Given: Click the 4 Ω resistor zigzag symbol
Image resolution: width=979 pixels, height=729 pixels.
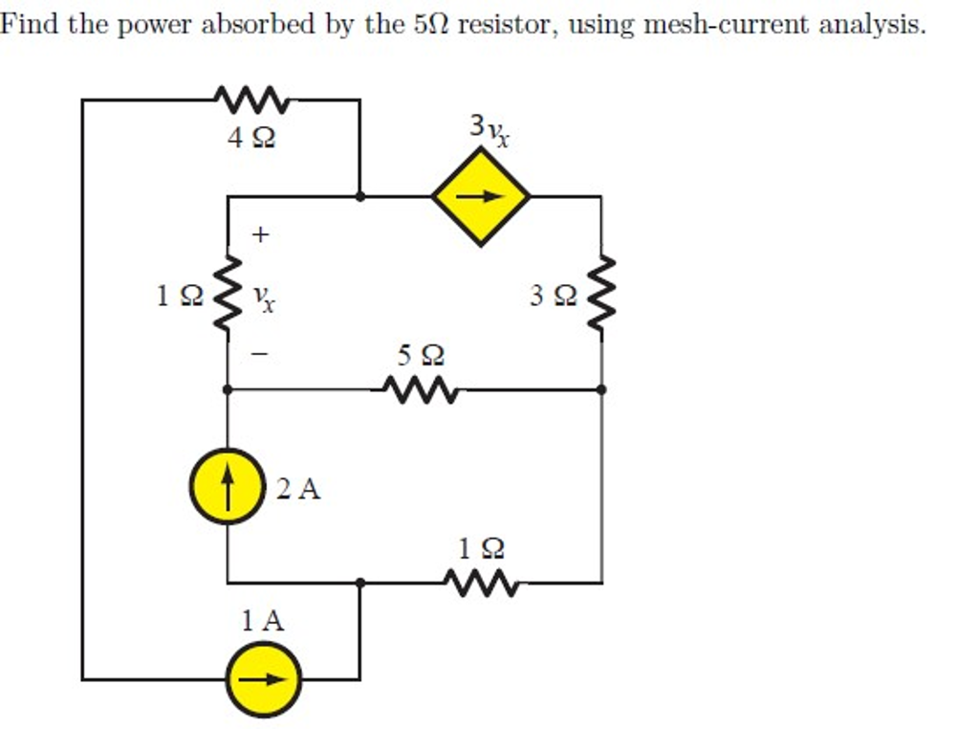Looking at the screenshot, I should pos(250,99).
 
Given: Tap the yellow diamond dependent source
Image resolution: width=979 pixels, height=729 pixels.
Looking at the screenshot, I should pos(481,197).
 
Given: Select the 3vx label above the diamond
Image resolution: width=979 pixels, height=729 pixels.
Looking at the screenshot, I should pos(489,130).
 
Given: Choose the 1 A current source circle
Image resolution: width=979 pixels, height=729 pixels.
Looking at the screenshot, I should pos(263,679).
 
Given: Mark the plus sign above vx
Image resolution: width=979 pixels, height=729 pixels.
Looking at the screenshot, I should pos(261,232).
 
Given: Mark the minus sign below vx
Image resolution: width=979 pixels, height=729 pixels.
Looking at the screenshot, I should pos(261,354).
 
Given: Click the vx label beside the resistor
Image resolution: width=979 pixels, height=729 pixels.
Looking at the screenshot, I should pos(265,300).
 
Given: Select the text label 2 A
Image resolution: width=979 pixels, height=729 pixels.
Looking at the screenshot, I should pos(298,490).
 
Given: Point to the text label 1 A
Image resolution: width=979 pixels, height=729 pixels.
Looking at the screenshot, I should pos(262,622).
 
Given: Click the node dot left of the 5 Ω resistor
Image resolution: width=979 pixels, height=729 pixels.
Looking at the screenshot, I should pos(227,390).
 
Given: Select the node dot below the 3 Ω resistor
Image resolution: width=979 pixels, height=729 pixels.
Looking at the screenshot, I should pos(601,390).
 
